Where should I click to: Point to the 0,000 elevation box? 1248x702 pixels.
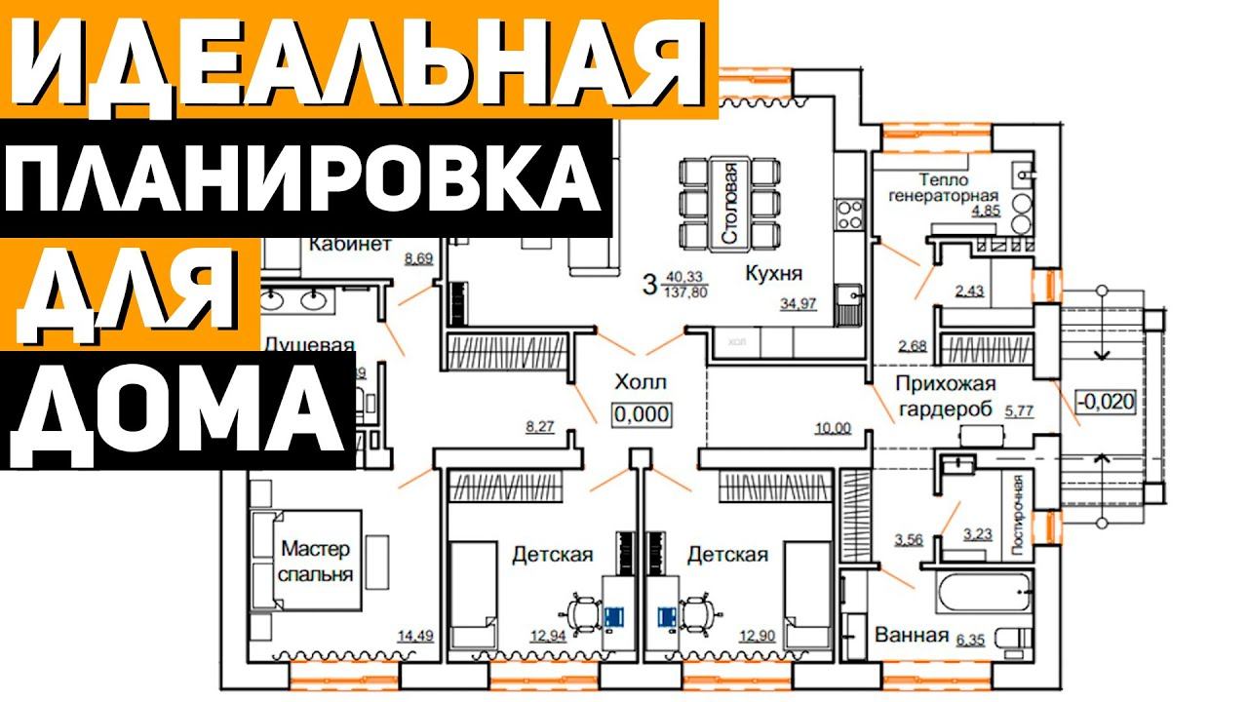click(642, 413)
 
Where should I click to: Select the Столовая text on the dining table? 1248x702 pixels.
click(731, 204)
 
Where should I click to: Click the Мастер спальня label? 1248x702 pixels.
click(316, 561)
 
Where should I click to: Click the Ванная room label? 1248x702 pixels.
click(912, 636)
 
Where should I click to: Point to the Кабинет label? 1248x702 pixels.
click(350, 243)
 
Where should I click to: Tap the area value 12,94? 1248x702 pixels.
click(550, 638)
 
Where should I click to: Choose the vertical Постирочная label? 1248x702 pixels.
click(1018, 515)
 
